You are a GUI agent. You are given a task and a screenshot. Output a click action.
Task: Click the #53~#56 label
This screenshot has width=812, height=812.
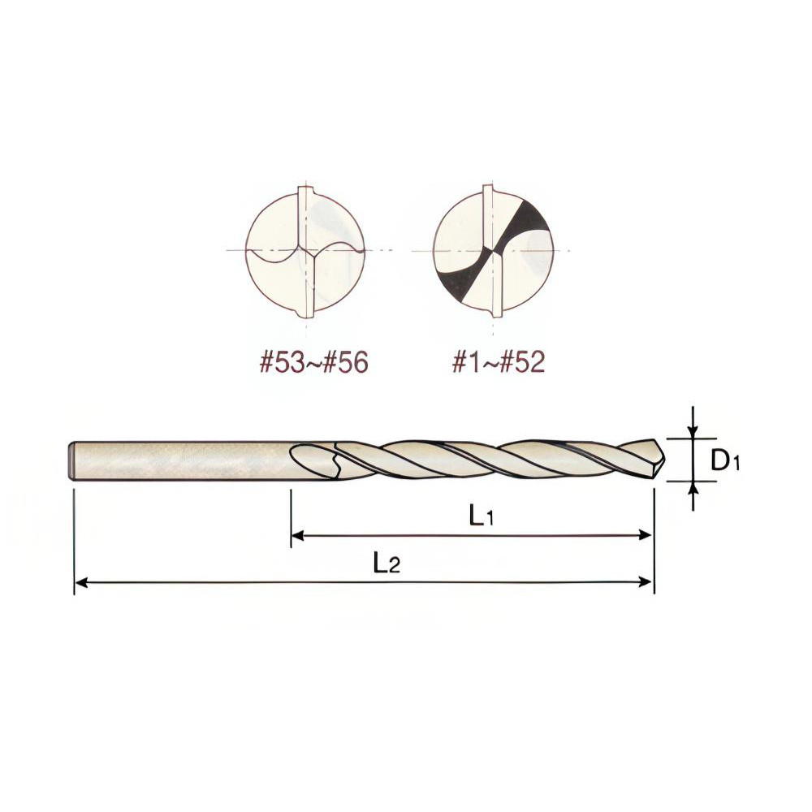click(314, 363)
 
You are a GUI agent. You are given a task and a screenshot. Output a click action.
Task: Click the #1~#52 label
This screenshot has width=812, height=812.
click(498, 363)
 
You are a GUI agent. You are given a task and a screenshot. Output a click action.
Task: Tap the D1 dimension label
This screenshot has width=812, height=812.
click(725, 461)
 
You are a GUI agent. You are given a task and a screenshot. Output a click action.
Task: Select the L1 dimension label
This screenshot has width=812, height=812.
click(482, 516)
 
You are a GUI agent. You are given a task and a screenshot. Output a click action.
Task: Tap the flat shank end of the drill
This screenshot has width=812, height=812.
click(71, 460)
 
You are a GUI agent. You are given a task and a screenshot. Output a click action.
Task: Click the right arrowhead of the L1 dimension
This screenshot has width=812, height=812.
click(646, 535)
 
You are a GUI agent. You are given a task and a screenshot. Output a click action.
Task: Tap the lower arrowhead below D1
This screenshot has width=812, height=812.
click(692, 487)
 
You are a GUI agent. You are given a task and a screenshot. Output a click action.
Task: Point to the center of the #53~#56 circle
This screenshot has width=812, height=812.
click(306, 251)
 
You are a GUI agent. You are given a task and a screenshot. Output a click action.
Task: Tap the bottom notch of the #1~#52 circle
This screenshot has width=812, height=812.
click(493, 312)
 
